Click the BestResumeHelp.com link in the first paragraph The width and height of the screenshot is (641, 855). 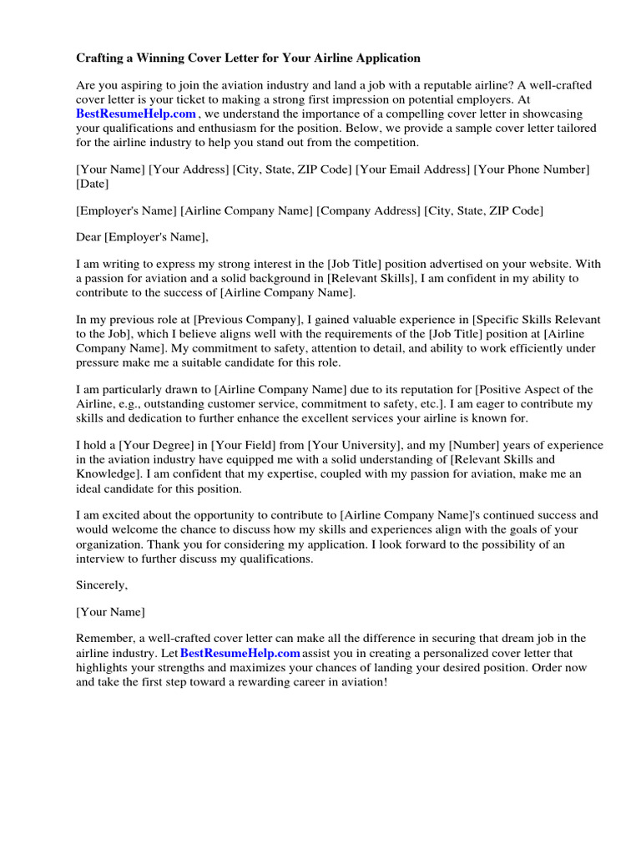coord(136,114)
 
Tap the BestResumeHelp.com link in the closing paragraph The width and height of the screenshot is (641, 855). coord(240,653)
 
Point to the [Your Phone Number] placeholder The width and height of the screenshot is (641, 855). coord(532,169)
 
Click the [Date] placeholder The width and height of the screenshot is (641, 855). coord(93,184)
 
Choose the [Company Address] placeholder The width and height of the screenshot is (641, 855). coord(369,211)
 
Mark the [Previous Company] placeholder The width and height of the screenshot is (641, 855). coord(248,321)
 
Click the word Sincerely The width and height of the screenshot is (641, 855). coord(103,585)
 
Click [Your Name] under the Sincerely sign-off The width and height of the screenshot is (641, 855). coord(110,612)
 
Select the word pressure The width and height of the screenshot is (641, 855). coord(98,363)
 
